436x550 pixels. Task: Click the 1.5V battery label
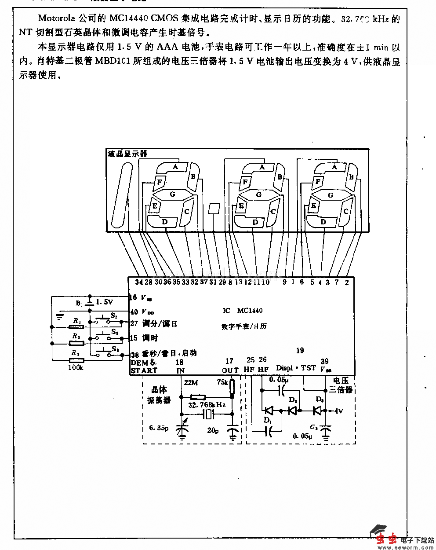[x=104, y=302]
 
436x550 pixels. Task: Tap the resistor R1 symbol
[x=76, y=327]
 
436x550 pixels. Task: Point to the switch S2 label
[x=115, y=332]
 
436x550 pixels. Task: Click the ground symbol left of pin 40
[x=60, y=315]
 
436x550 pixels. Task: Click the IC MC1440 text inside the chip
[x=243, y=311]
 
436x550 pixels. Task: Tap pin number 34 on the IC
[x=139, y=282]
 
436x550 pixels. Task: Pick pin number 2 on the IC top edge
[x=347, y=282]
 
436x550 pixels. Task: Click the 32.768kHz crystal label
[x=207, y=404]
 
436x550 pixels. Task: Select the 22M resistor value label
[x=191, y=383]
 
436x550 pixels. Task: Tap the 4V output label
[x=338, y=411]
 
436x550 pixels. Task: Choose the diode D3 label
[x=320, y=400]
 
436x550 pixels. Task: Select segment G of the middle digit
[x=258, y=194]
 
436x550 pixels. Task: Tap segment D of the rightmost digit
[x=323, y=222]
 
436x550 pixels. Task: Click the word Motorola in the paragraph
[x=58, y=18]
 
